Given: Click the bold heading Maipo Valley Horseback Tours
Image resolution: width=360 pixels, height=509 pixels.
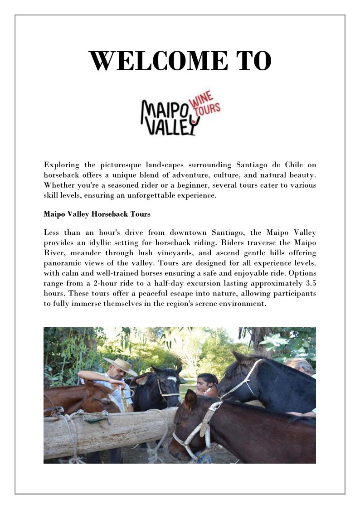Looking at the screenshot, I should (97, 214).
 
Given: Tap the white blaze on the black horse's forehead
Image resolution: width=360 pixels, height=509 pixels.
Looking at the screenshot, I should (171, 378).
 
